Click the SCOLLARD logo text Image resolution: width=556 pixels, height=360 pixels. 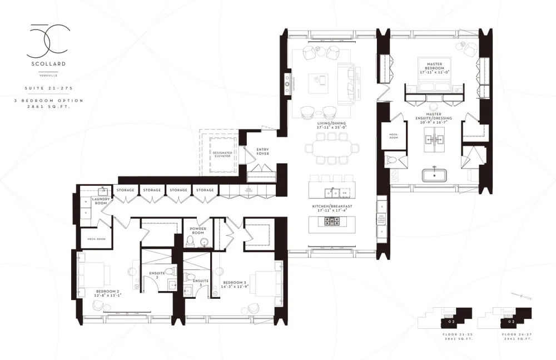[x=48, y=64]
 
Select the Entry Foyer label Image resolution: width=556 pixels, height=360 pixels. [x=262, y=151]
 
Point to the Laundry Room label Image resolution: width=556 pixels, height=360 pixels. [x=101, y=201]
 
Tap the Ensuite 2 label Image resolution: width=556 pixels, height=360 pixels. [x=157, y=274]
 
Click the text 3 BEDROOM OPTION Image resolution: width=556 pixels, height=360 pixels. [x=49, y=101]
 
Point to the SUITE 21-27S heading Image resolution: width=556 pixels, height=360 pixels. [x=48, y=88]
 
